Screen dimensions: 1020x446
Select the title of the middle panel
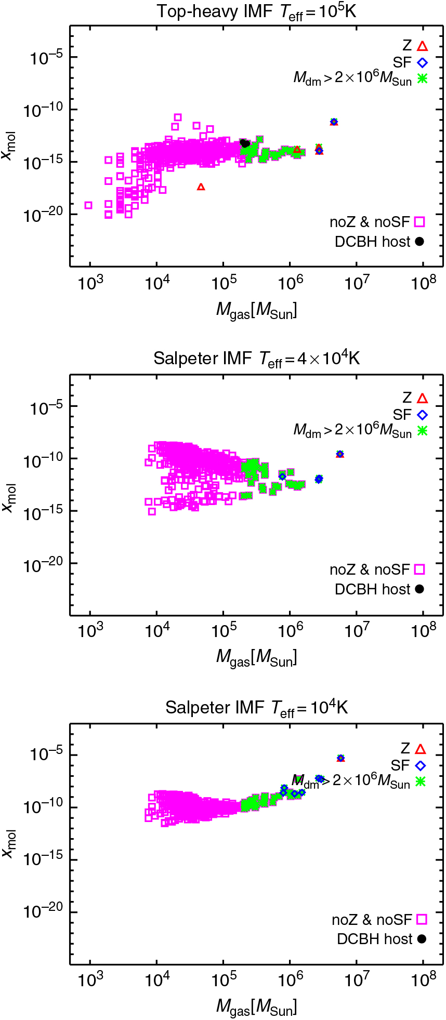[x=257, y=359]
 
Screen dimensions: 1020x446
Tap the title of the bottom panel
[x=257, y=708]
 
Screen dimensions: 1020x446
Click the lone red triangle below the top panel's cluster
[x=201, y=187]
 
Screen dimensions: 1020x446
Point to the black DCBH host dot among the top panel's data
[x=244, y=143]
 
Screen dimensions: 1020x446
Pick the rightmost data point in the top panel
[x=334, y=122]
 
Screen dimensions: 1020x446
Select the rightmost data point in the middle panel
[x=340, y=454]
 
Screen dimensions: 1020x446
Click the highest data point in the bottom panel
[x=340, y=758]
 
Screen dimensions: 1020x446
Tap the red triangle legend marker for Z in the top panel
[x=422, y=46]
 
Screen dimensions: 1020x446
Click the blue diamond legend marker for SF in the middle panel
[x=422, y=415]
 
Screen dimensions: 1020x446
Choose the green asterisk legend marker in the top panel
[x=422, y=79]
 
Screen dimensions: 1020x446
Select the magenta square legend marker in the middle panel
[x=420, y=569]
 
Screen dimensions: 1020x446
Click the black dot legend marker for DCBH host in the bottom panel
[x=422, y=939]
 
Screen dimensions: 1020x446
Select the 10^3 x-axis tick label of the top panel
[x=90, y=283]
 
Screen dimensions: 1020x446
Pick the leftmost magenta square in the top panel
[x=88, y=205]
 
